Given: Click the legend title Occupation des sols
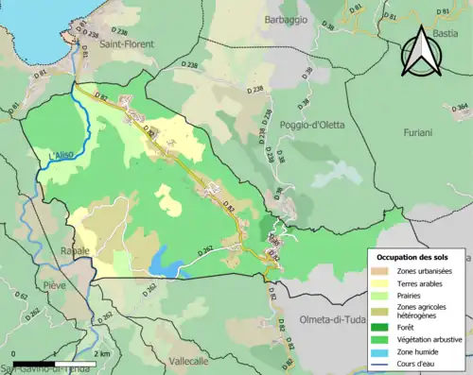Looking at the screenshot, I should tap(419, 257).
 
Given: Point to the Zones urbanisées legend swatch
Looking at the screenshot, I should tap(383, 270).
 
